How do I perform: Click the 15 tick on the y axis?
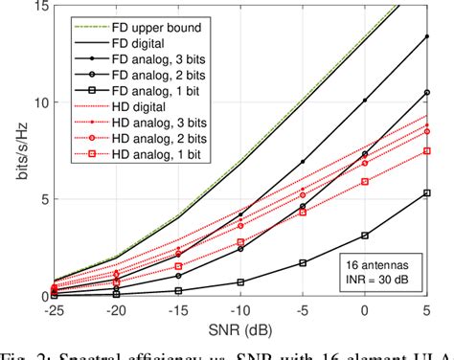[41, 7]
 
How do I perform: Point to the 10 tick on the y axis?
[41, 102]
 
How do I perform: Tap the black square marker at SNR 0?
[364, 235]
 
